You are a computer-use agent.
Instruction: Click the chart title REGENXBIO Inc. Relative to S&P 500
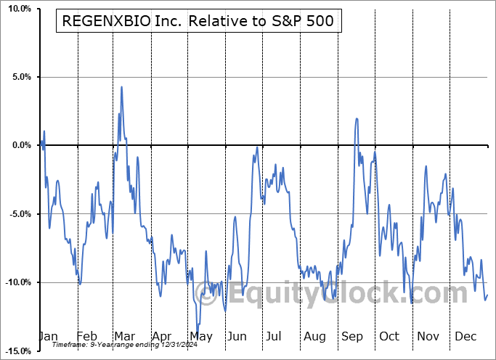pos(199,21)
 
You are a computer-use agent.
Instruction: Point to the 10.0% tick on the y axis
pos(20,9)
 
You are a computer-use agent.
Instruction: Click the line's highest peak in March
pos(121,87)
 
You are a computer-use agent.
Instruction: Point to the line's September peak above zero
pos(357,118)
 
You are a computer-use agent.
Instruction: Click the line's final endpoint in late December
pos(487,294)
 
